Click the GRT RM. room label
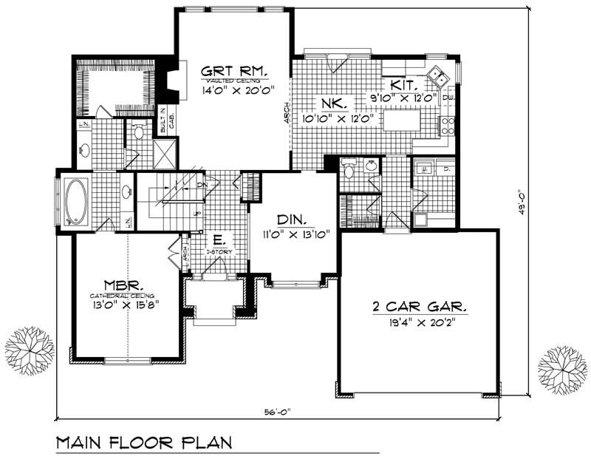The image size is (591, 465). pos(234,72)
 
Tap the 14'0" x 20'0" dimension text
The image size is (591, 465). pos(233,92)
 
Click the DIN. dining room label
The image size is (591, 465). pos(294,220)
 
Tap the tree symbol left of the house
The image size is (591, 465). pos(30,350)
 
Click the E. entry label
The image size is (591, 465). pos(219,241)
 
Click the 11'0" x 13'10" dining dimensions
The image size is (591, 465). pos(294,234)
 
